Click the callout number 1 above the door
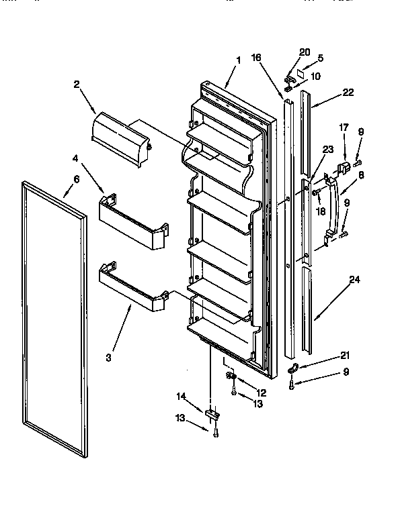click(238, 60)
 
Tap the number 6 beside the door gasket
click(76, 179)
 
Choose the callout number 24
click(354, 280)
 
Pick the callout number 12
click(262, 392)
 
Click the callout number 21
click(345, 356)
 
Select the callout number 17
click(344, 127)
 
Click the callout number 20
click(305, 52)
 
